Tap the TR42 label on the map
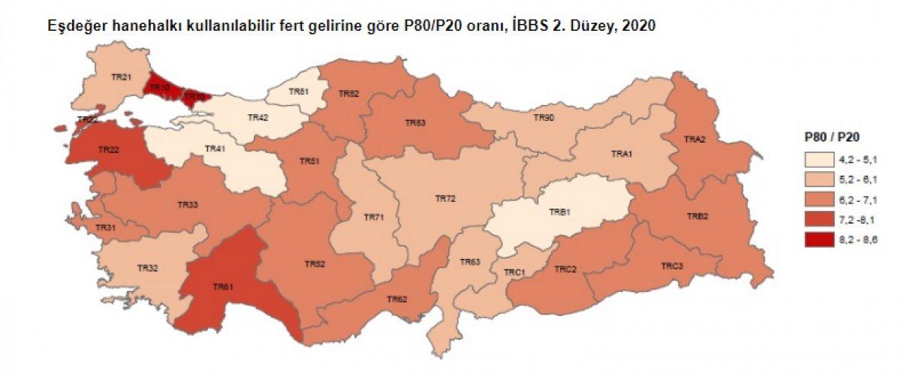[259, 118]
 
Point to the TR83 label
[415, 122]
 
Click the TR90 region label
[544, 118]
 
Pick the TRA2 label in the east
[695, 139]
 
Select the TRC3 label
[671, 266]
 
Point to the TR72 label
[446, 198]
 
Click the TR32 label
[147, 267]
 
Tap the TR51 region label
[309, 161]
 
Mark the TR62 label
[397, 299]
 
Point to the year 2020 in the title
[640, 26]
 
